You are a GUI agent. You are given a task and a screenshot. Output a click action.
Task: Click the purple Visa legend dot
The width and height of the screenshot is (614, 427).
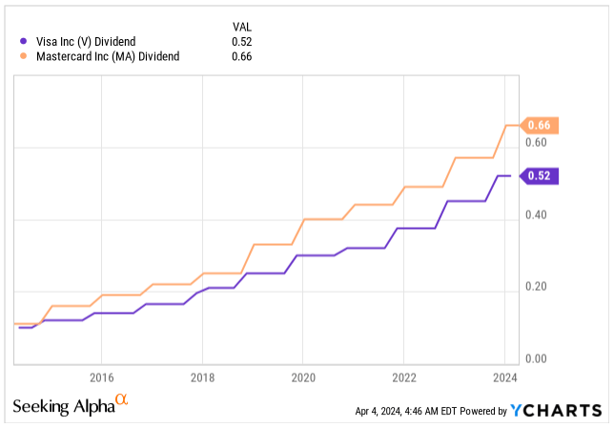pyautogui.click(x=24, y=40)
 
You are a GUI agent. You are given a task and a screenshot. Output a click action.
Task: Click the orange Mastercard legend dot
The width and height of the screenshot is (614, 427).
pyautogui.click(x=24, y=55)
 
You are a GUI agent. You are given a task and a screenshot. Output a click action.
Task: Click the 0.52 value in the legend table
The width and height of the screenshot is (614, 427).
pyautogui.click(x=243, y=40)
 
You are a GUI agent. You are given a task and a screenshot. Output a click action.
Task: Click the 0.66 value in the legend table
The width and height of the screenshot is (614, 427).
pyautogui.click(x=243, y=55)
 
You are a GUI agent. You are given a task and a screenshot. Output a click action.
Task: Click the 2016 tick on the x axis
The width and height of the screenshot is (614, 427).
pyautogui.click(x=102, y=376)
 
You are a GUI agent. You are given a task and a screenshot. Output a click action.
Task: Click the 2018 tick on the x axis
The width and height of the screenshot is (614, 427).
pyautogui.click(x=202, y=376)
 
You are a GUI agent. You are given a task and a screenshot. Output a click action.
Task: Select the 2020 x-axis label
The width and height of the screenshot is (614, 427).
pyautogui.click(x=302, y=376)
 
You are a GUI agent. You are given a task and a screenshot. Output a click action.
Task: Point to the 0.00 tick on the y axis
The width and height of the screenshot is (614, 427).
pyautogui.click(x=536, y=359)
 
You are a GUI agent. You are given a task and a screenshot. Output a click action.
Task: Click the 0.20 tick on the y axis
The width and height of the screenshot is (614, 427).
pyautogui.click(x=536, y=287)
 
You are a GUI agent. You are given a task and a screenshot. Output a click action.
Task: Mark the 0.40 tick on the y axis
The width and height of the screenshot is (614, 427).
pyautogui.click(x=536, y=214)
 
